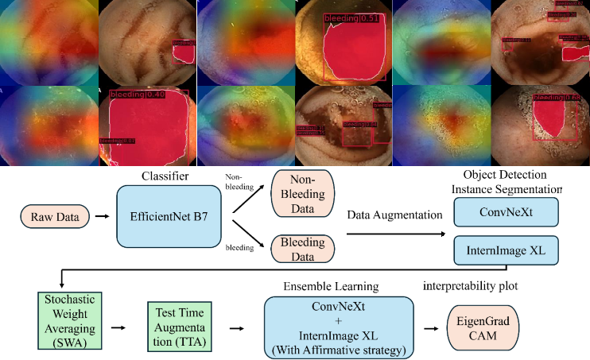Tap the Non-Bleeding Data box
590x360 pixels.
coord(303,194)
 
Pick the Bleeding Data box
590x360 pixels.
coord(303,247)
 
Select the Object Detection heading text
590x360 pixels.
coord(506,175)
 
